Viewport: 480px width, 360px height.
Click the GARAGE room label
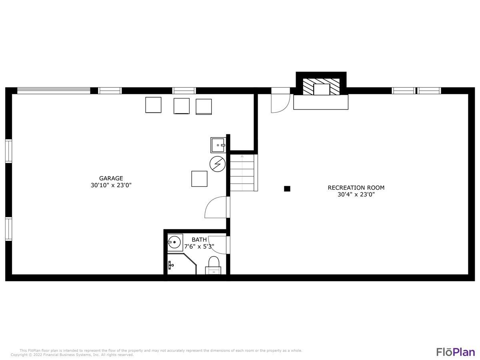[x=111, y=178]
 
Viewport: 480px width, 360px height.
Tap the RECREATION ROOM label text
[x=356, y=188]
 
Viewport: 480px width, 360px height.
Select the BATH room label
[x=199, y=240]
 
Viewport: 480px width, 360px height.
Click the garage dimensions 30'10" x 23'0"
[x=111, y=185]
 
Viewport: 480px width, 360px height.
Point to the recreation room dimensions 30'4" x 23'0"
[x=356, y=194]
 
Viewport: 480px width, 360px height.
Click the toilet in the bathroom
[x=213, y=265]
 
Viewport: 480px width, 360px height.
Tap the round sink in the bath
[x=174, y=242]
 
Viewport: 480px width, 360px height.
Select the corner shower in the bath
[x=182, y=264]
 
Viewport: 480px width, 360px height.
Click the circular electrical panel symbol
[x=217, y=164]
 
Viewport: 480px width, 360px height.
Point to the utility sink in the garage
[x=218, y=145]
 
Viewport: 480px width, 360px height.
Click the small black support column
[x=287, y=189]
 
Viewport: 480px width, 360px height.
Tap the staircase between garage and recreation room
[x=244, y=173]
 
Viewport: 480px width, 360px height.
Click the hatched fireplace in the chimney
[x=321, y=86]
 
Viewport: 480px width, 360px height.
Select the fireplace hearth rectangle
[x=320, y=102]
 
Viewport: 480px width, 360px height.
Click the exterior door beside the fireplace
[x=280, y=100]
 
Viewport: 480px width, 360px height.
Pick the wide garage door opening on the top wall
[x=54, y=90]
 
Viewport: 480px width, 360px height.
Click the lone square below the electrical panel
[x=199, y=179]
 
